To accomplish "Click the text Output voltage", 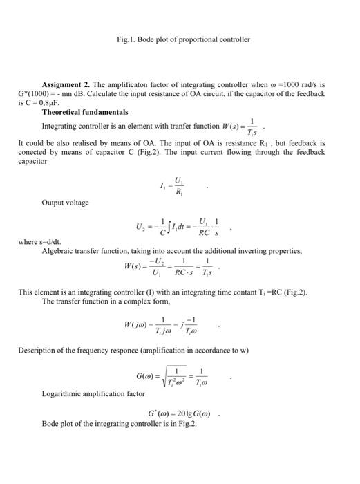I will [65, 203].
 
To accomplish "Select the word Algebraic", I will [57, 251].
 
